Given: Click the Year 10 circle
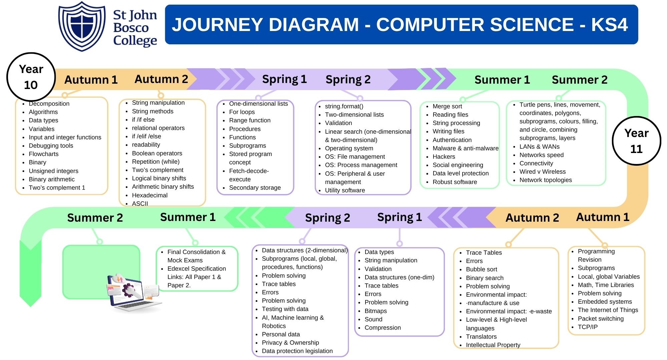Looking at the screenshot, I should (31, 77).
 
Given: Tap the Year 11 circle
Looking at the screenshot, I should (636, 141).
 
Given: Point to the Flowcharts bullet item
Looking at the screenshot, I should (44, 154).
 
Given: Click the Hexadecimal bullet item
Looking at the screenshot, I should (150, 195).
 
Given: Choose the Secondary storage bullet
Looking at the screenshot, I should (255, 188).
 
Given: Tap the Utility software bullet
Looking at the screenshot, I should (345, 190).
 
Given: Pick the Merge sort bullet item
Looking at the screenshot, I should (447, 106).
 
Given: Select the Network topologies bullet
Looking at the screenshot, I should (546, 180).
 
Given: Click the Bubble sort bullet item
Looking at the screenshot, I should (482, 269).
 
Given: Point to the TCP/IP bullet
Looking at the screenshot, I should (588, 327).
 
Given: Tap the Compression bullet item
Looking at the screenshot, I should (383, 328).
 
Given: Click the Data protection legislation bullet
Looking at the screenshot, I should (297, 351).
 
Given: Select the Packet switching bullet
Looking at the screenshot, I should (601, 319).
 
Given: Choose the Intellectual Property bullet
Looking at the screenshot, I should (493, 345).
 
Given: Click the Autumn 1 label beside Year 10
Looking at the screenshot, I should (91, 80).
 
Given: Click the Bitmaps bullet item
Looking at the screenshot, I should (376, 311).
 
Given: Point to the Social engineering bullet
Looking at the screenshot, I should (458, 165).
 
